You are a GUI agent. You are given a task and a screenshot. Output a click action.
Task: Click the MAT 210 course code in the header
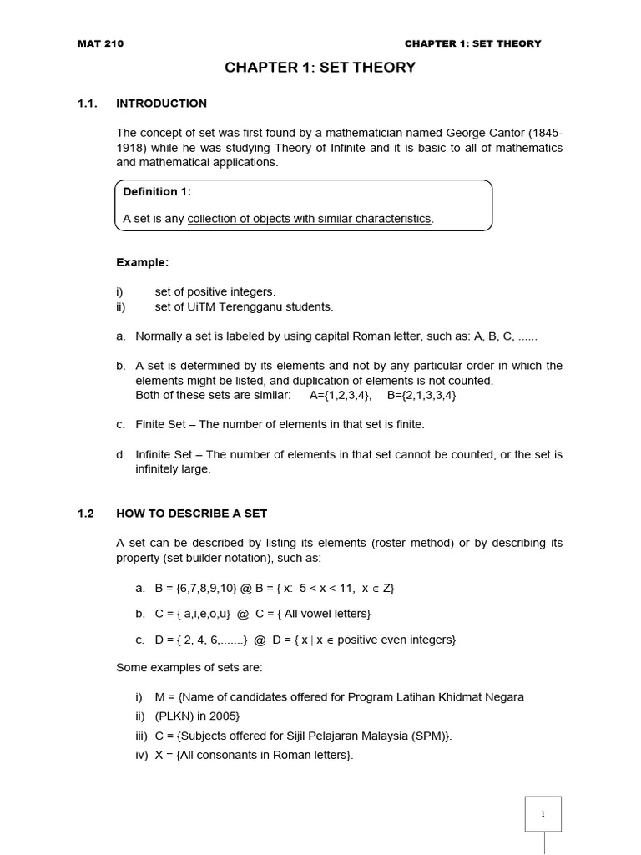click(100, 43)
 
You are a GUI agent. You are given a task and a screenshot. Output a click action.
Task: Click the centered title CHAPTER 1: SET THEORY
click(320, 68)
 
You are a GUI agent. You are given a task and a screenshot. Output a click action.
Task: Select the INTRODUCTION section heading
click(161, 104)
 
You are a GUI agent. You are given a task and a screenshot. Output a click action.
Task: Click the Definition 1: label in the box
click(157, 191)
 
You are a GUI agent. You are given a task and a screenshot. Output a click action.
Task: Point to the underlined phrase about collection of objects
click(309, 219)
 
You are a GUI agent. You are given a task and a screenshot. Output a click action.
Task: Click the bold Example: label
click(142, 262)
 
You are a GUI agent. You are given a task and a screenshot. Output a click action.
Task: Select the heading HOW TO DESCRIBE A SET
click(191, 513)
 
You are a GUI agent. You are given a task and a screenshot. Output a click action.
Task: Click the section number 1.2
click(86, 513)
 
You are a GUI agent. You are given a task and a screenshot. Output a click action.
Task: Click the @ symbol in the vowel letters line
click(243, 614)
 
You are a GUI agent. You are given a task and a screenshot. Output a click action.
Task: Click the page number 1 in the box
click(543, 814)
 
